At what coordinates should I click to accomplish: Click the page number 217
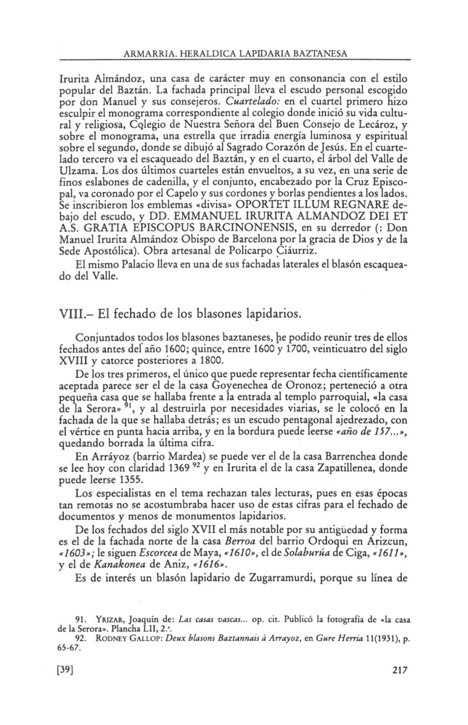(400, 690)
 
